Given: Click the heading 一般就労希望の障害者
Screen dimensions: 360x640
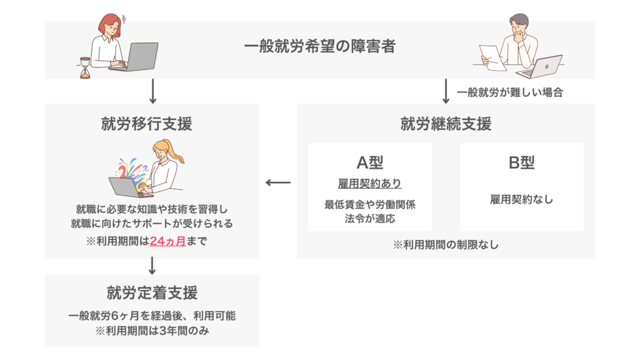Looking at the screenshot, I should [x=319, y=47].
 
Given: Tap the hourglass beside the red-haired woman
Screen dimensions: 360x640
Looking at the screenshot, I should [x=85, y=67].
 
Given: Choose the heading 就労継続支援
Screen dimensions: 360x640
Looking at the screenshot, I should [x=446, y=124].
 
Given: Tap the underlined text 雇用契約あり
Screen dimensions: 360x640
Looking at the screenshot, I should [x=370, y=184].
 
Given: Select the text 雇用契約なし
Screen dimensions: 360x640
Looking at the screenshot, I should [x=521, y=200].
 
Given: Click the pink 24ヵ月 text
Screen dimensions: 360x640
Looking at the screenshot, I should [x=168, y=241].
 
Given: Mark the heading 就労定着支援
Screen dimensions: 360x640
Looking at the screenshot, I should [x=152, y=292].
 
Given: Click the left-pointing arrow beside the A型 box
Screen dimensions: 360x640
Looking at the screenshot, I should [x=278, y=183].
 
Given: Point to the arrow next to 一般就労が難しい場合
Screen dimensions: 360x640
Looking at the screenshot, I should [x=446, y=91].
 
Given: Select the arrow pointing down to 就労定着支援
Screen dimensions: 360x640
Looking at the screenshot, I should [x=152, y=266].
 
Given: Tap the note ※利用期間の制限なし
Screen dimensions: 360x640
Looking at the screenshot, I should [x=446, y=245].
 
